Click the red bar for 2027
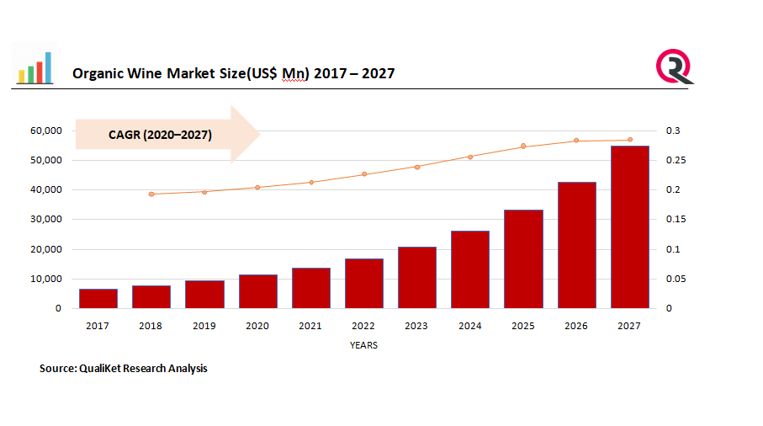629,227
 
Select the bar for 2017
98,299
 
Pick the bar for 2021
310,288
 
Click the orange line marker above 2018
151,194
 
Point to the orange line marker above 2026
576,141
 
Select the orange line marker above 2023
417,167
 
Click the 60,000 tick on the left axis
46,131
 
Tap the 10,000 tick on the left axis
46,279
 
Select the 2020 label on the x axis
257,326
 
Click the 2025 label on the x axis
523,326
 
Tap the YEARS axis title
363,345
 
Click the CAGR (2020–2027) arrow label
160,135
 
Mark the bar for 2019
204,295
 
